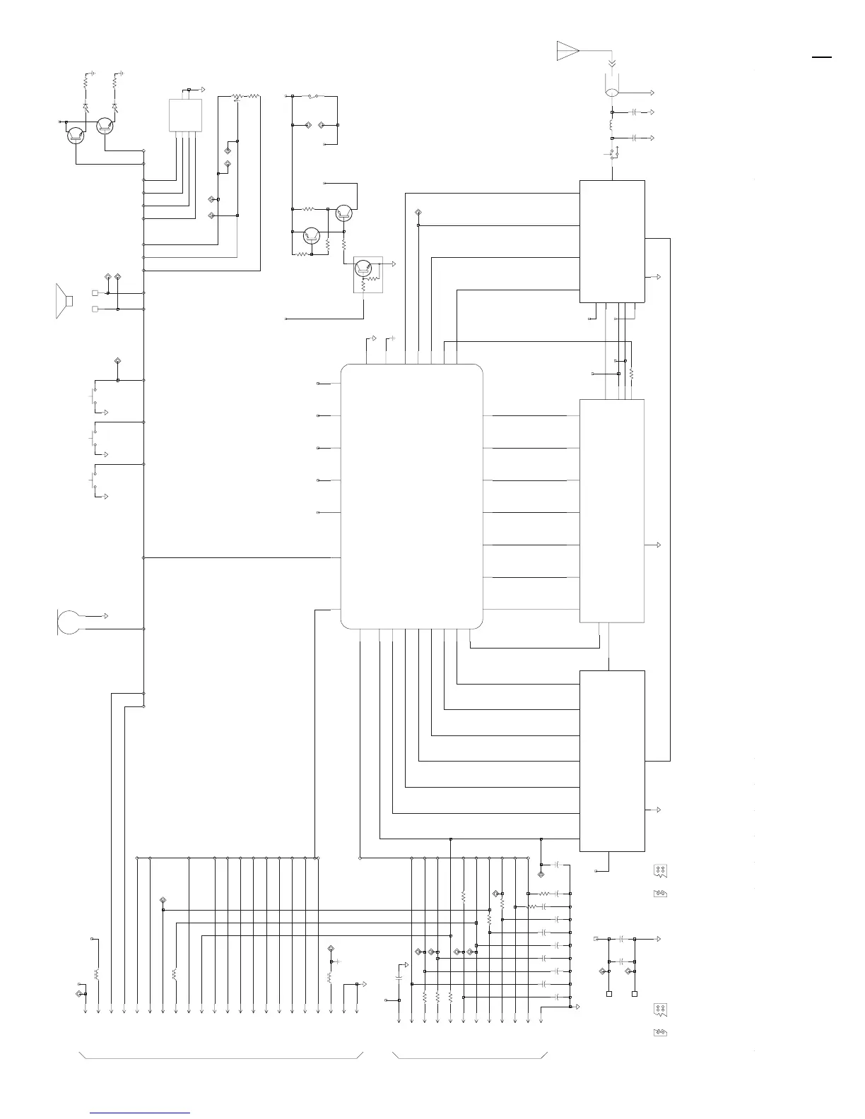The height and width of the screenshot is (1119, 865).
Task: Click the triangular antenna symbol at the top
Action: point(567,51)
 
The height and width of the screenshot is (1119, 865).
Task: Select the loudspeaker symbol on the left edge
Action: point(64,301)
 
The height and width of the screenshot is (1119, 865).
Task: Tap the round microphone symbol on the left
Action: point(69,622)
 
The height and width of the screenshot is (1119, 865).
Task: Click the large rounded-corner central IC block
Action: point(411,496)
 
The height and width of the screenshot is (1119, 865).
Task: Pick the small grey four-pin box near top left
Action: point(185,114)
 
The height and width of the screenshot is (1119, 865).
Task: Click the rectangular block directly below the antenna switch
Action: point(611,241)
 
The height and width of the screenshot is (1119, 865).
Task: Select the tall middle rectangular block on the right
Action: point(611,510)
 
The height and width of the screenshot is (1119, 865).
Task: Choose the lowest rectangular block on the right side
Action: point(611,760)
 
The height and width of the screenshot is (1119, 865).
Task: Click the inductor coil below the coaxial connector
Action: point(612,125)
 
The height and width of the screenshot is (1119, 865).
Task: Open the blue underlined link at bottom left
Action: point(140,1113)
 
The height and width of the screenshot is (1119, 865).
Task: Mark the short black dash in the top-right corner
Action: point(822,57)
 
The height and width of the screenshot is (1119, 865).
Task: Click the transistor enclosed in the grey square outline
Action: point(363,268)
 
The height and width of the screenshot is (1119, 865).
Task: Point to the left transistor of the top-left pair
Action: point(76,134)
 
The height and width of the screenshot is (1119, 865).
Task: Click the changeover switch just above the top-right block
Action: point(613,153)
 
